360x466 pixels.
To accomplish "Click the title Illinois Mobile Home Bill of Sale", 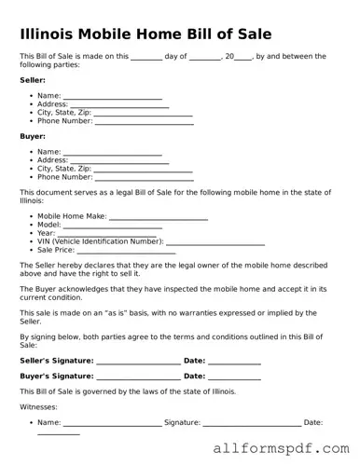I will (146, 34).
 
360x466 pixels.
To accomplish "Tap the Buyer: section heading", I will (33, 136).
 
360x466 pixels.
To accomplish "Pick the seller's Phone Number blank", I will (144, 121).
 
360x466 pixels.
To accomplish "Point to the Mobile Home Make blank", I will (159, 216).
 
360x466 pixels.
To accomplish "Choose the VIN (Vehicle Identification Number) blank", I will (215, 241).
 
